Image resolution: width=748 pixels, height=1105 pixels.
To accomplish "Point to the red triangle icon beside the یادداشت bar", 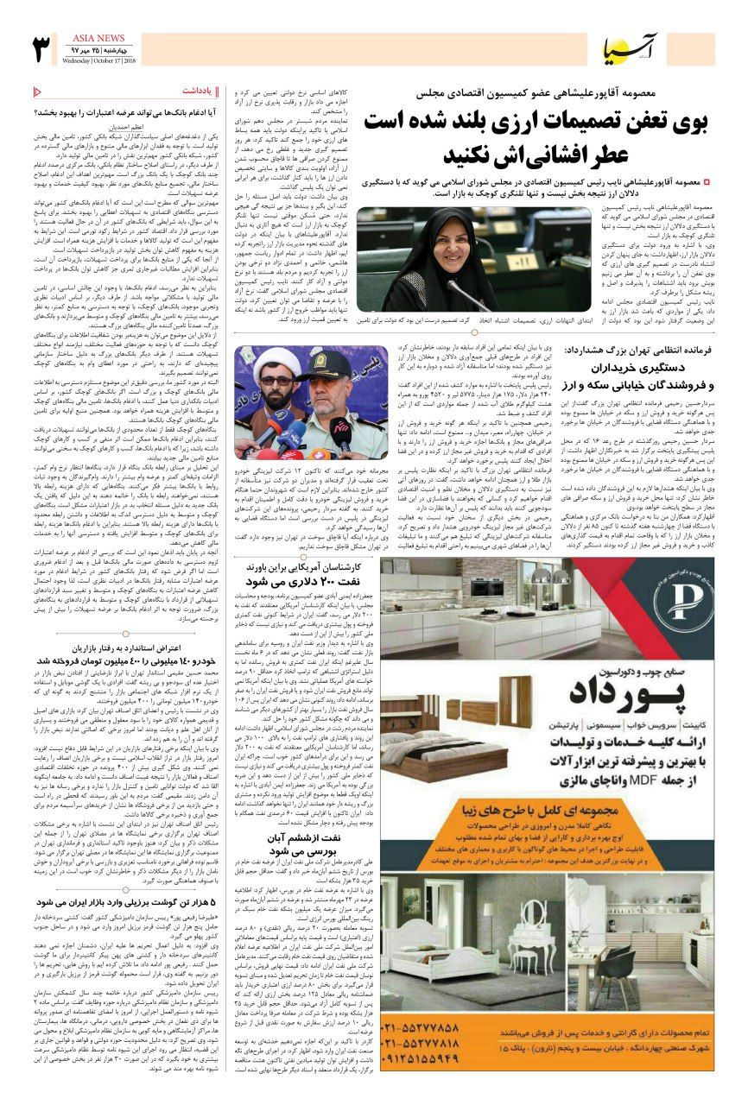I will click(36, 89).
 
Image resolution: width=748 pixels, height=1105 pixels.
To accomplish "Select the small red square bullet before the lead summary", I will click(707, 182).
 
